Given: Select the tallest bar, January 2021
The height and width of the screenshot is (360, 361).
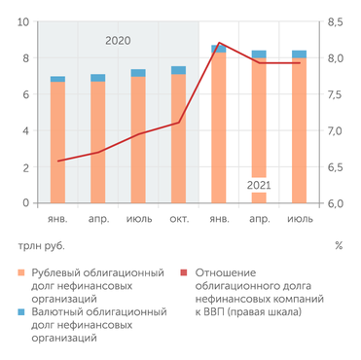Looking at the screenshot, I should pyautogui.click(x=219, y=126).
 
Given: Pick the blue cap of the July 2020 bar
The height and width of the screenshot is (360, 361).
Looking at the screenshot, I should pyautogui.click(x=138, y=73).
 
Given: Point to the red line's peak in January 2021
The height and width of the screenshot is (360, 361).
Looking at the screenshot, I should pyautogui.click(x=219, y=44).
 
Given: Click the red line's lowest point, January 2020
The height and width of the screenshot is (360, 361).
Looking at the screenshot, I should pyautogui.click(x=58, y=161).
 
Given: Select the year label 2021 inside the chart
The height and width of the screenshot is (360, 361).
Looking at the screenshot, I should pyautogui.click(x=259, y=184).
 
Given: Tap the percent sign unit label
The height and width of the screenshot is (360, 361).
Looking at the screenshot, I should pyautogui.click(x=338, y=245).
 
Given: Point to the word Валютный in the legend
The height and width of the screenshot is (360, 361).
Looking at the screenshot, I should pyautogui.click(x=59, y=312).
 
